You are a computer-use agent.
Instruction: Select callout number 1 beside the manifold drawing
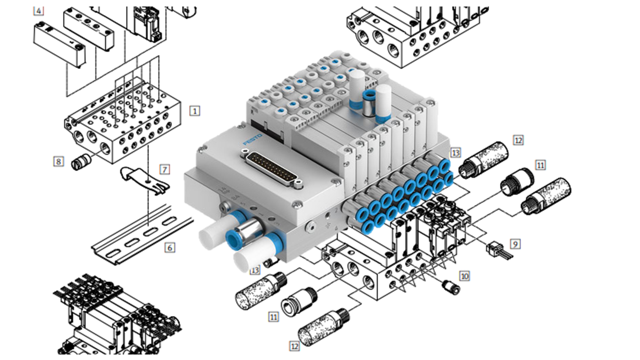[x=195, y=110]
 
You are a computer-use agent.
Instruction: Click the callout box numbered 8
[x=59, y=161]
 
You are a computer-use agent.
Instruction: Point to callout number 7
[x=164, y=169]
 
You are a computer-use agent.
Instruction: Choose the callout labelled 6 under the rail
[x=170, y=247]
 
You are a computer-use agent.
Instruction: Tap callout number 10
[x=464, y=275]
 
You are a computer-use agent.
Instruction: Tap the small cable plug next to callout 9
[x=494, y=248]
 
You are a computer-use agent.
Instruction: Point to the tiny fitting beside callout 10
[x=450, y=287]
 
